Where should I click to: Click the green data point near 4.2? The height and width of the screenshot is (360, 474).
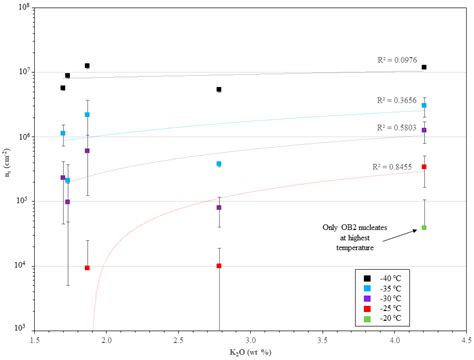[x=424, y=227]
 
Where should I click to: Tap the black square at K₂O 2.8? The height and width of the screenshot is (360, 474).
[x=219, y=90]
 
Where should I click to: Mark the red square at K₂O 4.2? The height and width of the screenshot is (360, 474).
[x=424, y=167]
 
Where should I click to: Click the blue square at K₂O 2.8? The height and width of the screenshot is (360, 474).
[x=219, y=164]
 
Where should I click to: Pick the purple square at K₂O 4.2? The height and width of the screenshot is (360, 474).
[x=424, y=130]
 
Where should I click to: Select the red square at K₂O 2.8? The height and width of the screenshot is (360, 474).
[x=219, y=266]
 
